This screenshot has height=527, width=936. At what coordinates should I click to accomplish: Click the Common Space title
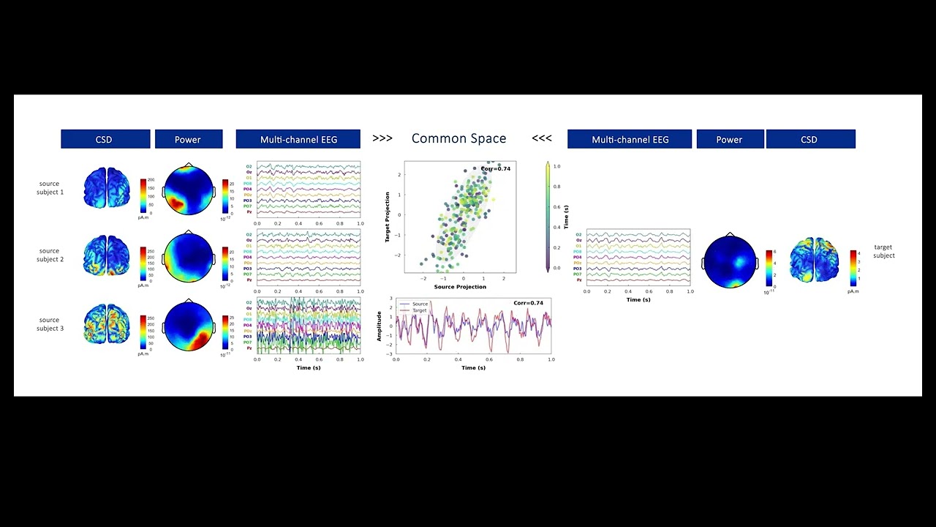(458, 138)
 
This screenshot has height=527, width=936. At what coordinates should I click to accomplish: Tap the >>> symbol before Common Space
(382, 138)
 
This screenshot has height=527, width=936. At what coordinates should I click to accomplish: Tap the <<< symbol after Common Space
(542, 138)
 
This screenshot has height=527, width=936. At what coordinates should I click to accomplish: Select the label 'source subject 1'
(50, 188)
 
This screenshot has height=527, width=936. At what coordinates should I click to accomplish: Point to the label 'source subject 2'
(50, 255)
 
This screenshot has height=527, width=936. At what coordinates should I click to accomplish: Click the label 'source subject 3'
(50, 324)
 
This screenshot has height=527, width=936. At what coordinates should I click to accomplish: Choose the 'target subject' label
(883, 251)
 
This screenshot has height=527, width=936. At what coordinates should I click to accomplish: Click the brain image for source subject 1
(105, 187)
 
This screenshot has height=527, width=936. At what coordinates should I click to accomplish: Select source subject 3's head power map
(189, 326)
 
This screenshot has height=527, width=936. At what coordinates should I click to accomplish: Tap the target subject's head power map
(729, 261)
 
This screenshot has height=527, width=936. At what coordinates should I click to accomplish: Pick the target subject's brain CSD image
(815, 260)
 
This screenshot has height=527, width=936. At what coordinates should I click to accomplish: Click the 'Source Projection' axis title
(460, 287)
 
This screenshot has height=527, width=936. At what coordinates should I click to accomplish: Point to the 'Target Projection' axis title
(388, 217)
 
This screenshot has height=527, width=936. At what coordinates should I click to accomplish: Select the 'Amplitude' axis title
(380, 326)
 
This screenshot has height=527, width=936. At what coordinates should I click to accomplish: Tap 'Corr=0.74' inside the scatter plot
(496, 169)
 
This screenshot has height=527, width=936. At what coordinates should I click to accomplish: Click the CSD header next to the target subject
(809, 139)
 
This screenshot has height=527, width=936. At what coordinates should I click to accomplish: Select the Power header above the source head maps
(188, 139)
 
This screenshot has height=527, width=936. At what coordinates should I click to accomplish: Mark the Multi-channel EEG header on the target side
(630, 139)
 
